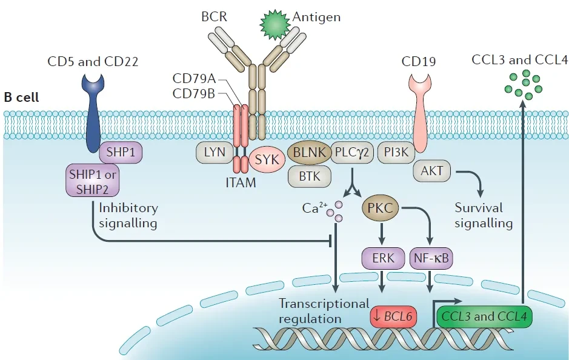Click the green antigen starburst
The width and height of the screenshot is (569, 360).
click(275, 25)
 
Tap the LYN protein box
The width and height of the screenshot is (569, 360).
click(215, 152)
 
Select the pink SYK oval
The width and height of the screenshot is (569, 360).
click(267, 159)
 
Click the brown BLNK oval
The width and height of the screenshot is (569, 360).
click(309, 153)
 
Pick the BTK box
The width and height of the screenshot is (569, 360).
click(310, 176)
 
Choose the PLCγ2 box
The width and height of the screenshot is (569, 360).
click(352, 152)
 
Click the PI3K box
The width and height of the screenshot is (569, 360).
click(396, 152)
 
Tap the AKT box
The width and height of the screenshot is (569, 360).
click(432, 170)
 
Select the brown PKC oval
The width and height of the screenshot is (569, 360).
click(381, 208)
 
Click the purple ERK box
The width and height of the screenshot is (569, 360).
click(383, 258)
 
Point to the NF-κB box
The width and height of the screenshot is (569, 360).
click(431, 258)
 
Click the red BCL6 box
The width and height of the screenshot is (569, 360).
click(393, 316)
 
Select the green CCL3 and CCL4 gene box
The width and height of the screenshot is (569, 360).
click(484, 316)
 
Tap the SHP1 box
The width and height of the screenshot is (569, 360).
click(121, 152)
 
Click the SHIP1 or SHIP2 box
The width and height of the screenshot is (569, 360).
click(93, 182)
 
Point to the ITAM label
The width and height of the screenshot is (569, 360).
click(241, 182)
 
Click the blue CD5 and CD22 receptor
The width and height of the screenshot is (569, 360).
click(93, 113)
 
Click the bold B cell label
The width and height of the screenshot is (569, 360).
click(21, 98)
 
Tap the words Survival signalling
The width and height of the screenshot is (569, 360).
click(484, 216)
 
